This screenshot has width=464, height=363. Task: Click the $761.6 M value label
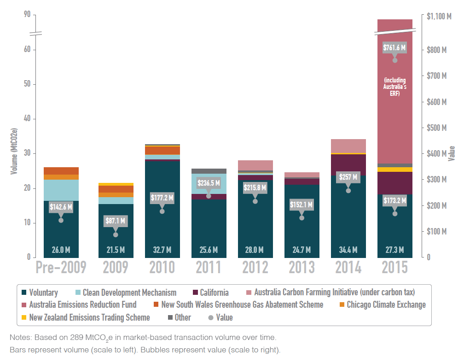(394, 47)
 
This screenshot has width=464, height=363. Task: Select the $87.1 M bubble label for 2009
(116, 221)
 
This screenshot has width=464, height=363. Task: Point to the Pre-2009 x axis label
(61, 267)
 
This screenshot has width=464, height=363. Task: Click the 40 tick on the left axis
(27, 119)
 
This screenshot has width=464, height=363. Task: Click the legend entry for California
(214, 293)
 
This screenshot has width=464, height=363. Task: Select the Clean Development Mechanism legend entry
(129, 293)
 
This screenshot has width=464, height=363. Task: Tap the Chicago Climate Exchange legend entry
(386, 304)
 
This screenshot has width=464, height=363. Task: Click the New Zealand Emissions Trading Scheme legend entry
(89, 317)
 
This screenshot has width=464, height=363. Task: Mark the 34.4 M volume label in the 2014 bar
(348, 250)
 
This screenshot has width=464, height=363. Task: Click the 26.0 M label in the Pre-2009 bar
(61, 250)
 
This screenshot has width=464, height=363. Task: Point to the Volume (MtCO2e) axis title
(14, 144)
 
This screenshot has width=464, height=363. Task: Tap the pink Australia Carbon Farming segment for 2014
(348, 146)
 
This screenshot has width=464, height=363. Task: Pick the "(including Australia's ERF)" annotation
(394, 87)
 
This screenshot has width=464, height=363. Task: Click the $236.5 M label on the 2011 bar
(209, 183)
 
